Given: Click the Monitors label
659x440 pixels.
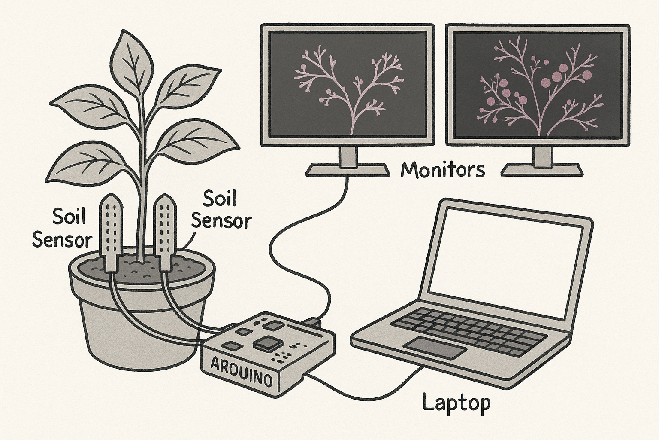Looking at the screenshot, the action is click(x=442, y=170).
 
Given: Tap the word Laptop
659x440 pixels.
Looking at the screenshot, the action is click(x=456, y=403).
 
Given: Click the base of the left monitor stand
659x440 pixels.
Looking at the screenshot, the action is click(x=347, y=171).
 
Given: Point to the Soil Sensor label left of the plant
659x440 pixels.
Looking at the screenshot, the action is click(x=63, y=228).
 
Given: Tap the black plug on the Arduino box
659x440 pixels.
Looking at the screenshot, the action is click(x=312, y=321).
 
